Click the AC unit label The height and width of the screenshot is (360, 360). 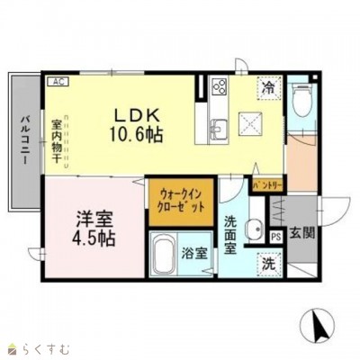pyautogui.click(x=58, y=82)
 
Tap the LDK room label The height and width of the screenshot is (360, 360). pyautogui.click(x=137, y=116)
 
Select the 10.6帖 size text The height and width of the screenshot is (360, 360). pyautogui.click(x=137, y=135)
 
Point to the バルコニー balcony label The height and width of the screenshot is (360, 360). pyautogui.click(x=24, y=139)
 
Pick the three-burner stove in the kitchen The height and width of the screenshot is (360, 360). pyautogui.click(x=220, y=85)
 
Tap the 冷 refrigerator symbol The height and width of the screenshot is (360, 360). pyautogui.click(x=269, y=87)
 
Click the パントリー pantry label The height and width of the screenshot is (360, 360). pyautogui.click(x=267, y=186)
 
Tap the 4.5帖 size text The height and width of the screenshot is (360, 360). pyautogui.click(x=94, y=238)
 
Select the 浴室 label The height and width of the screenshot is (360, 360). pyautogui.click(x=194, y=254)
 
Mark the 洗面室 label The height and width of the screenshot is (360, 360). pyautogui.click(x=230, y=235)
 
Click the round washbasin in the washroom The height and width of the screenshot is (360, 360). pyautogui.click(x=255, y=230)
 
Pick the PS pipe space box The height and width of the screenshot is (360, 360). pyautogui.click(x=276, y=237)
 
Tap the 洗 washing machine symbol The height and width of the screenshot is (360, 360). pyautogui.click(x=269, y=264)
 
